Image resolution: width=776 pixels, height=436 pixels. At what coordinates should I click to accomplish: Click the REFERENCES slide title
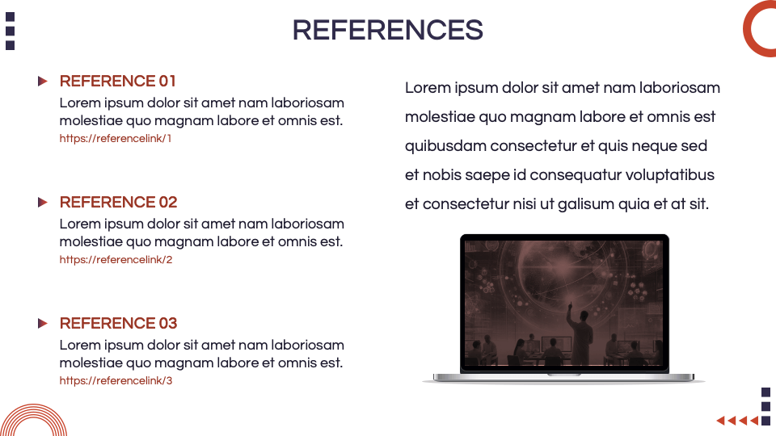click(x=387, y=30)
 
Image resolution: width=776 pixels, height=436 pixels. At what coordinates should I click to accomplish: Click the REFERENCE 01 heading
click(x=118, y=81)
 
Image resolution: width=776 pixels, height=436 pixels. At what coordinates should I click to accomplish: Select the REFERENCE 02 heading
click(x=118, y=202)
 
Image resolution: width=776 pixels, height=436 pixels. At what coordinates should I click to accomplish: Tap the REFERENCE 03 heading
click(x=118, y=323)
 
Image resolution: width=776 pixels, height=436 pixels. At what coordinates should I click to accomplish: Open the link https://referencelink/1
click(x=116, y=138)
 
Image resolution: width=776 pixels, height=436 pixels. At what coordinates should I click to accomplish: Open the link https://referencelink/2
click(x=116, y=259)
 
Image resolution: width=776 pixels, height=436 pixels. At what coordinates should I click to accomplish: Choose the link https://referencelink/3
click(x=116, y=380)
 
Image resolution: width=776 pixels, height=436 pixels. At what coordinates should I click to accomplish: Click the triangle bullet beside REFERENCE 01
click(x=43, y=81)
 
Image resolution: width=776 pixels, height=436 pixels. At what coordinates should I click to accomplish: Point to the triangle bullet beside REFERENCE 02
click(x=43, y=202)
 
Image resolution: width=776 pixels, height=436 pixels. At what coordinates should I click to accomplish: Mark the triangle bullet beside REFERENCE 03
click(x=43, y=323)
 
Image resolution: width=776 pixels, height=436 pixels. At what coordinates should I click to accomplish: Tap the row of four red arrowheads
click(x=737, y=420)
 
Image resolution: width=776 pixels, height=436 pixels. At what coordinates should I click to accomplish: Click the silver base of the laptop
click(x=563, y=376)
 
